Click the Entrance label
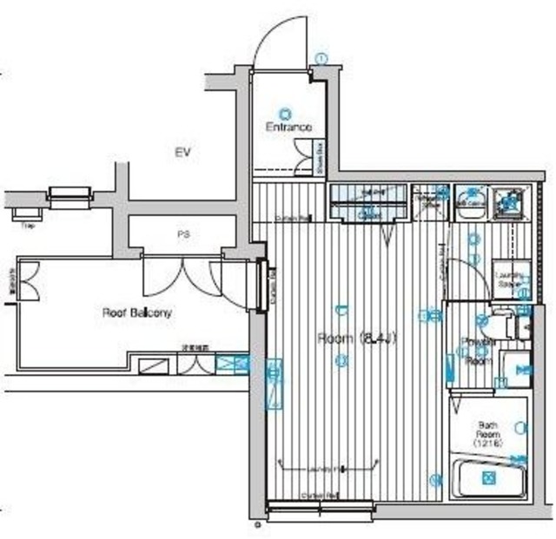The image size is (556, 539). click(x=288, y=128)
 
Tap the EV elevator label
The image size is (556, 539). click(x=182, y=153)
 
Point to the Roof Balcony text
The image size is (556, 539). click(x=137, y=312)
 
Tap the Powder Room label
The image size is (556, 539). click(x=475, y=351)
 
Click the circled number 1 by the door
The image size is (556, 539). click(x=321, y=58)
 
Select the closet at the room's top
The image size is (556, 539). click(x=368, y=205)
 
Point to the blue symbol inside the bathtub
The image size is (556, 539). click(x=489, y=477)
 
